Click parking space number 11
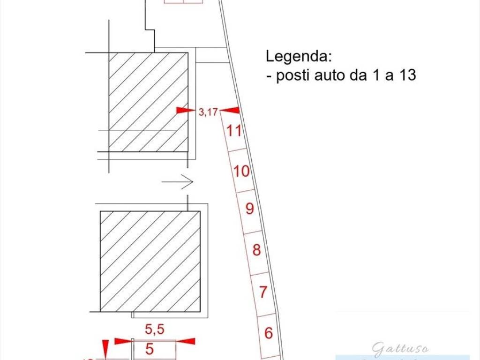pyautogui.click(x=234, y=131)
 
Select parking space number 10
pyautogui.click(x=241, y=172)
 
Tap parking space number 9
pyautogui.click(x=249, y=208)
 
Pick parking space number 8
pyautogui.click(x=256, y=250)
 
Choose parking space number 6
pyautogui.click(x=269, y=333)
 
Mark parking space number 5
pyautogui.click(x=150, y=349)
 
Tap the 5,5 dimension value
pyautogui.click(x=154, y=330)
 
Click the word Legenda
pyautogui.click(x=299, y=56)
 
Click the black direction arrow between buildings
pyautogui.click(x=178, y=181)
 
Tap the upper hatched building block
pyautogui.click(x=148, y=102)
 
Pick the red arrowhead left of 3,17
pyautogui.click(x=185, y=111)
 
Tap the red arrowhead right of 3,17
pyautogui.click(x=230, y=111)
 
